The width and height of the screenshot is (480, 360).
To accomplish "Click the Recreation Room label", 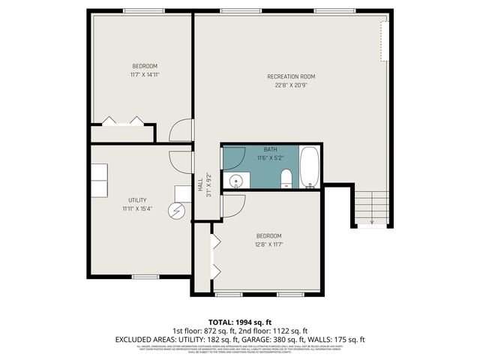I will (x=291, y=76).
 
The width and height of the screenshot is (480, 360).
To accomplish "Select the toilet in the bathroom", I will (x=286, y=178).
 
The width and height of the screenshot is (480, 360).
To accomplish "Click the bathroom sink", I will (x=237, y=181).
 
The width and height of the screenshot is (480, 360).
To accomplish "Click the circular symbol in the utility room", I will (x=177, y=211).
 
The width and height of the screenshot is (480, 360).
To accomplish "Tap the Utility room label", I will (x=136, y=200).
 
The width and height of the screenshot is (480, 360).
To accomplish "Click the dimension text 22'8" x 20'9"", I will (x=291, y=85).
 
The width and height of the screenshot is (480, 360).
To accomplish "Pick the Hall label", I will (x=199, y=182).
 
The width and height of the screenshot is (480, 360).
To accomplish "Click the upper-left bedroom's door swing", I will (x=181, y=130).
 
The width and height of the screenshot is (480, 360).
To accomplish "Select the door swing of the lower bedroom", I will (x=233, y=205).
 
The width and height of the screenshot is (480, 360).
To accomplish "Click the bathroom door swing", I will (x=233, y=157).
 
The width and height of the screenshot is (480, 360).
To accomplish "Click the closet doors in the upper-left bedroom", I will (x=121, y=121).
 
